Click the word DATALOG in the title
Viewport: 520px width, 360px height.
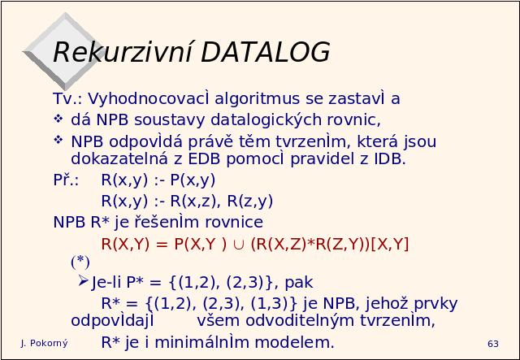pyautogui.click(x=266, y=52)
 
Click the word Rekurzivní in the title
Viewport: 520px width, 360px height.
pyautogui.click(x=123, y=51)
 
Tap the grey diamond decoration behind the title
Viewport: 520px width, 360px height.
pyautogui.click(x=63, y=51)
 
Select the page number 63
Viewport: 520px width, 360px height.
pyautogui.click(x=493, y=344)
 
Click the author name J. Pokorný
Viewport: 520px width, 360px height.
pyautogui.click(x=44, y=344)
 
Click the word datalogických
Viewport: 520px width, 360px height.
pyautogui.click(x=266, y=119)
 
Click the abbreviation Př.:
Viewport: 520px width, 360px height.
pyautogui.click(x=66, y=180)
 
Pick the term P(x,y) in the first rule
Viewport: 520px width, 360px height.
pyautogui.click(x=193, y=180)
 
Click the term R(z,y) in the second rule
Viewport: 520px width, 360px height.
pyautogui.click(x=250, y=201)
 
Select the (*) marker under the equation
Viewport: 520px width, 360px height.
pyautogui.click(x=80, y=262)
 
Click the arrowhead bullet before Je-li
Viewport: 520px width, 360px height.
pyautogui.click(x=83, y=281)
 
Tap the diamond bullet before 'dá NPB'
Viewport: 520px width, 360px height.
pyautogui.click(x=58, y=119)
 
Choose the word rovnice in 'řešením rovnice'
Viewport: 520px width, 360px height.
pyautogui.click(x=234, y=223)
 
